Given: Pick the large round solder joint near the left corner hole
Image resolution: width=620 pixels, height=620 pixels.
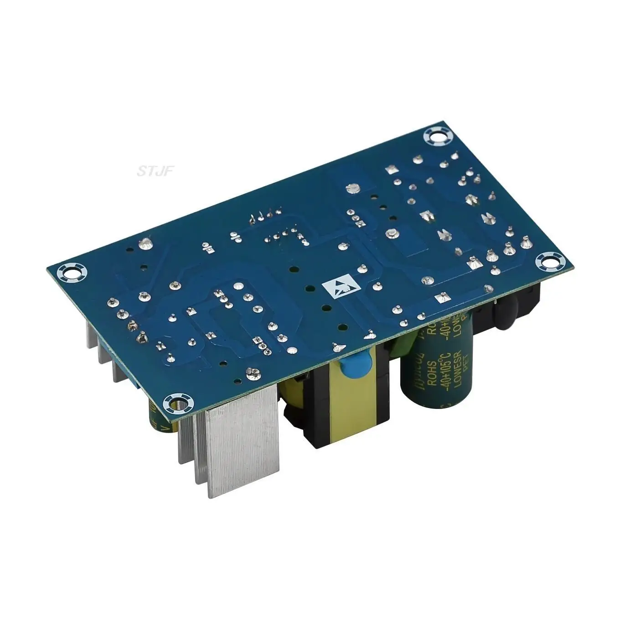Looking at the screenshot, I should tap(146, 244).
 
